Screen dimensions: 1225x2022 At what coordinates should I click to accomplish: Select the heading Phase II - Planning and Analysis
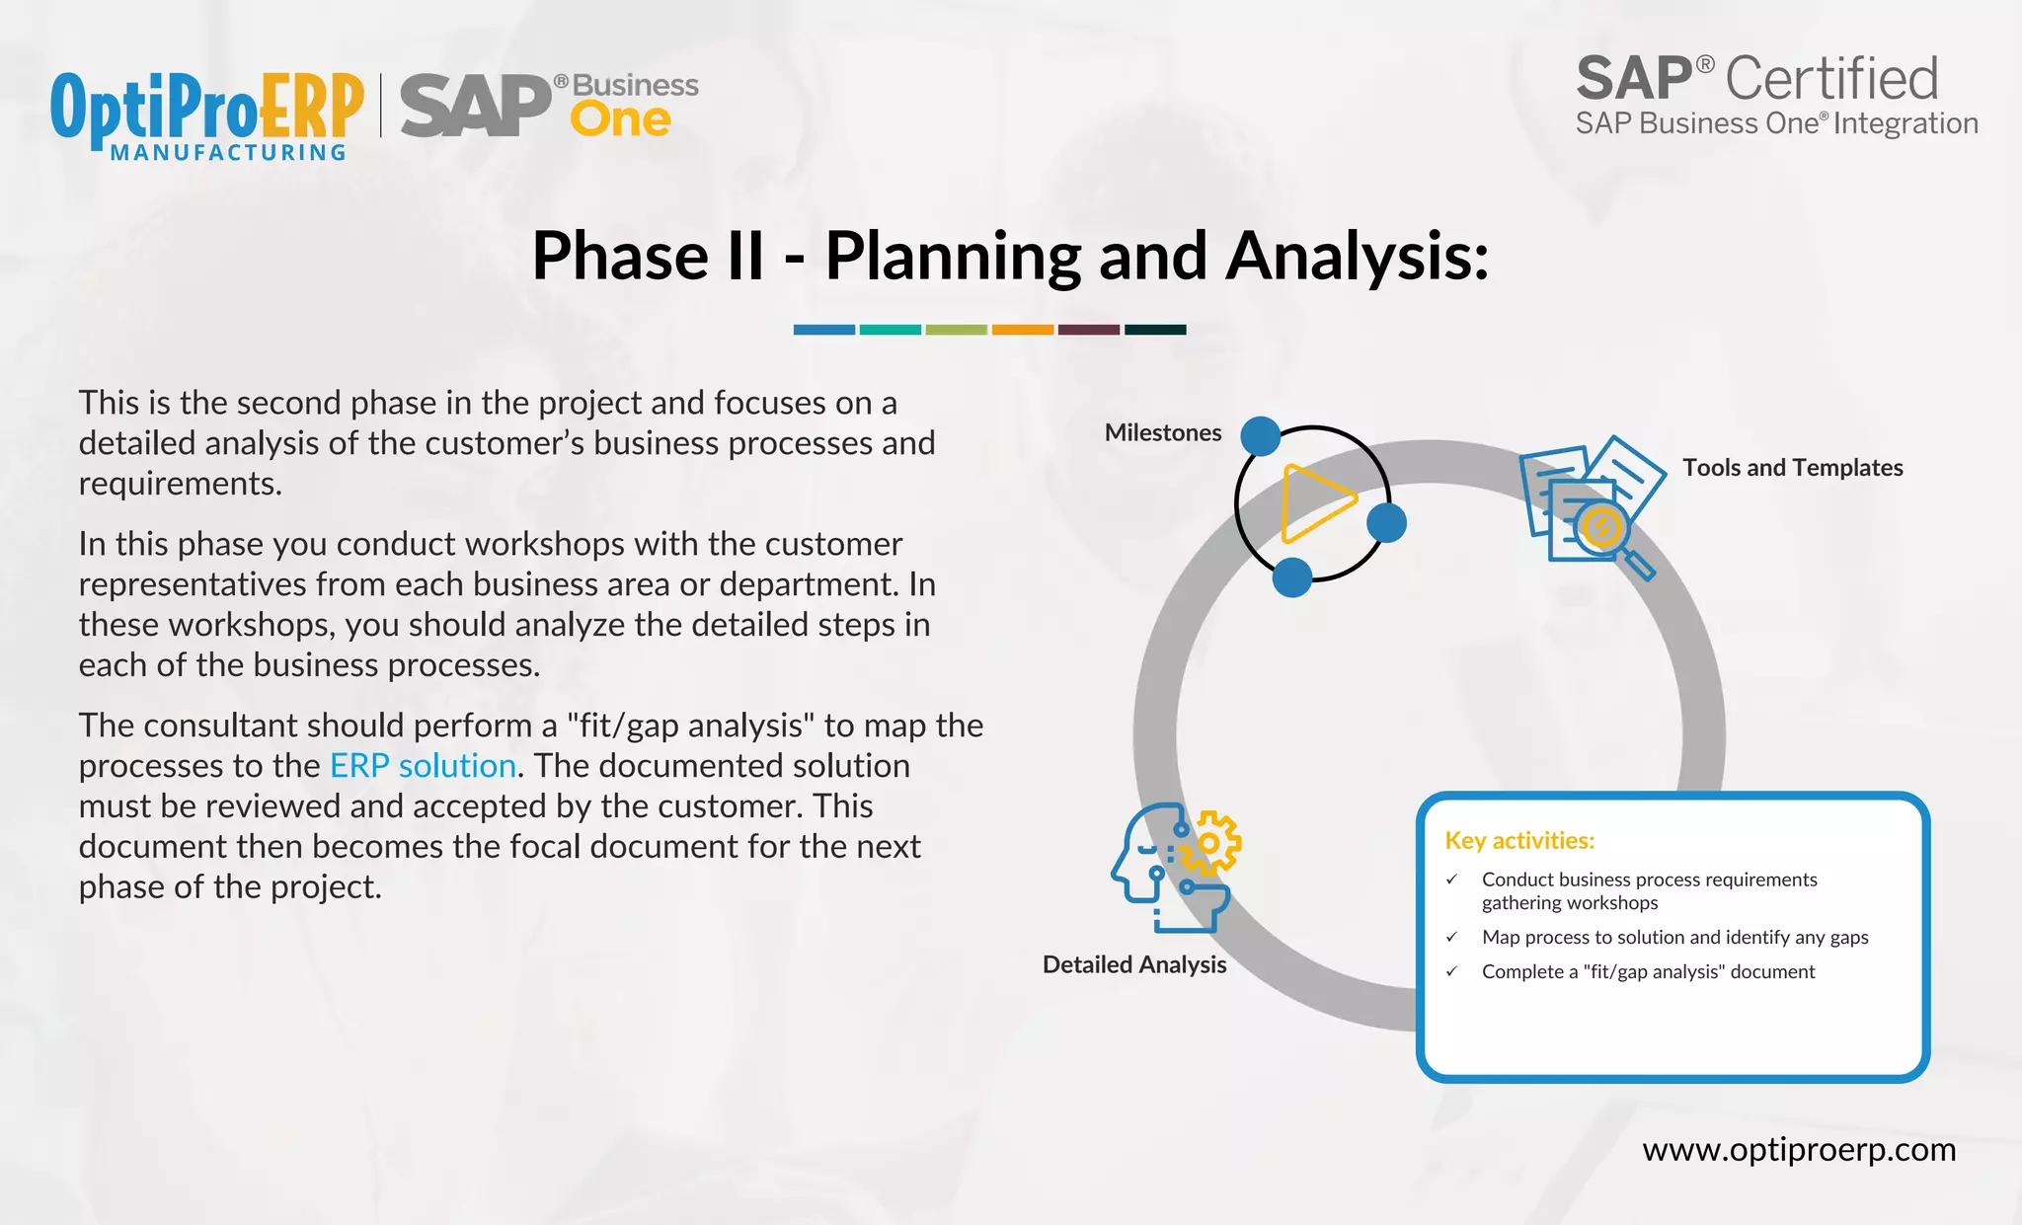[x=1010, y=256]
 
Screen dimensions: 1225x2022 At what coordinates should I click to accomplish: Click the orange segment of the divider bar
[x=1022, y=330]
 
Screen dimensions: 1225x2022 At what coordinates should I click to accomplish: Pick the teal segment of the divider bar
[x=890, y=330]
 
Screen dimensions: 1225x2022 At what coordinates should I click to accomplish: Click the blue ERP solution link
[x=423, y=766]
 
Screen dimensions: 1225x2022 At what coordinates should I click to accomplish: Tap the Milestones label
[x=1162, y=432]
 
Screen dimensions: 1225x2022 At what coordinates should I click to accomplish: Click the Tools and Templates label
[x=1792, y=468]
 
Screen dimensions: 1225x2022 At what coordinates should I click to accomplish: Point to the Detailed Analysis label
[x=1133, y=964]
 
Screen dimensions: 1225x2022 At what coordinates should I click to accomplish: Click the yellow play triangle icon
[x=1314, y=503]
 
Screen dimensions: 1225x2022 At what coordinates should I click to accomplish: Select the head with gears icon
[x=1175, y=867]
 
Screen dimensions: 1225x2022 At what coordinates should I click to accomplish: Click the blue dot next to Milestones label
[x=1260, y=436]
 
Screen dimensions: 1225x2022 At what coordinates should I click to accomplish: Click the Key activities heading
[x=1518, y=840]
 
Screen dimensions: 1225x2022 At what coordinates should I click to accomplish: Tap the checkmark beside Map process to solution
[x=1451, y=937]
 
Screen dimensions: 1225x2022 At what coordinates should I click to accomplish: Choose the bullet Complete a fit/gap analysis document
[x=1647, y=971]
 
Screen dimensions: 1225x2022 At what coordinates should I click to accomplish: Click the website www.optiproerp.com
[x=1798, y=1150]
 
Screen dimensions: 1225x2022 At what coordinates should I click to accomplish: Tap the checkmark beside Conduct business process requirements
[x=1451, y=879]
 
